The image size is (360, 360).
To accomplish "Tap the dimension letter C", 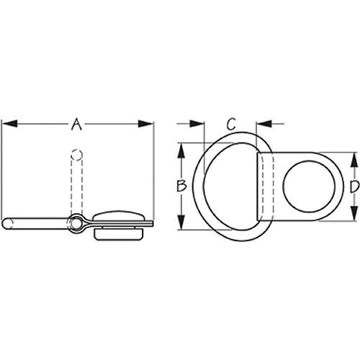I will (x=231, y=123).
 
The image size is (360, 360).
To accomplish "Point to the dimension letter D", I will (x=354, y=187).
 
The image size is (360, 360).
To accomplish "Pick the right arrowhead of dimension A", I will (x=149, y=125).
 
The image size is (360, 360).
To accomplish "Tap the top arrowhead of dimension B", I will (x=181, y=147).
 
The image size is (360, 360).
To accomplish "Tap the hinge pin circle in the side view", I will (x=76, y=222).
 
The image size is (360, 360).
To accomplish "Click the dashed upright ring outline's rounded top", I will (x=76, y=153).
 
